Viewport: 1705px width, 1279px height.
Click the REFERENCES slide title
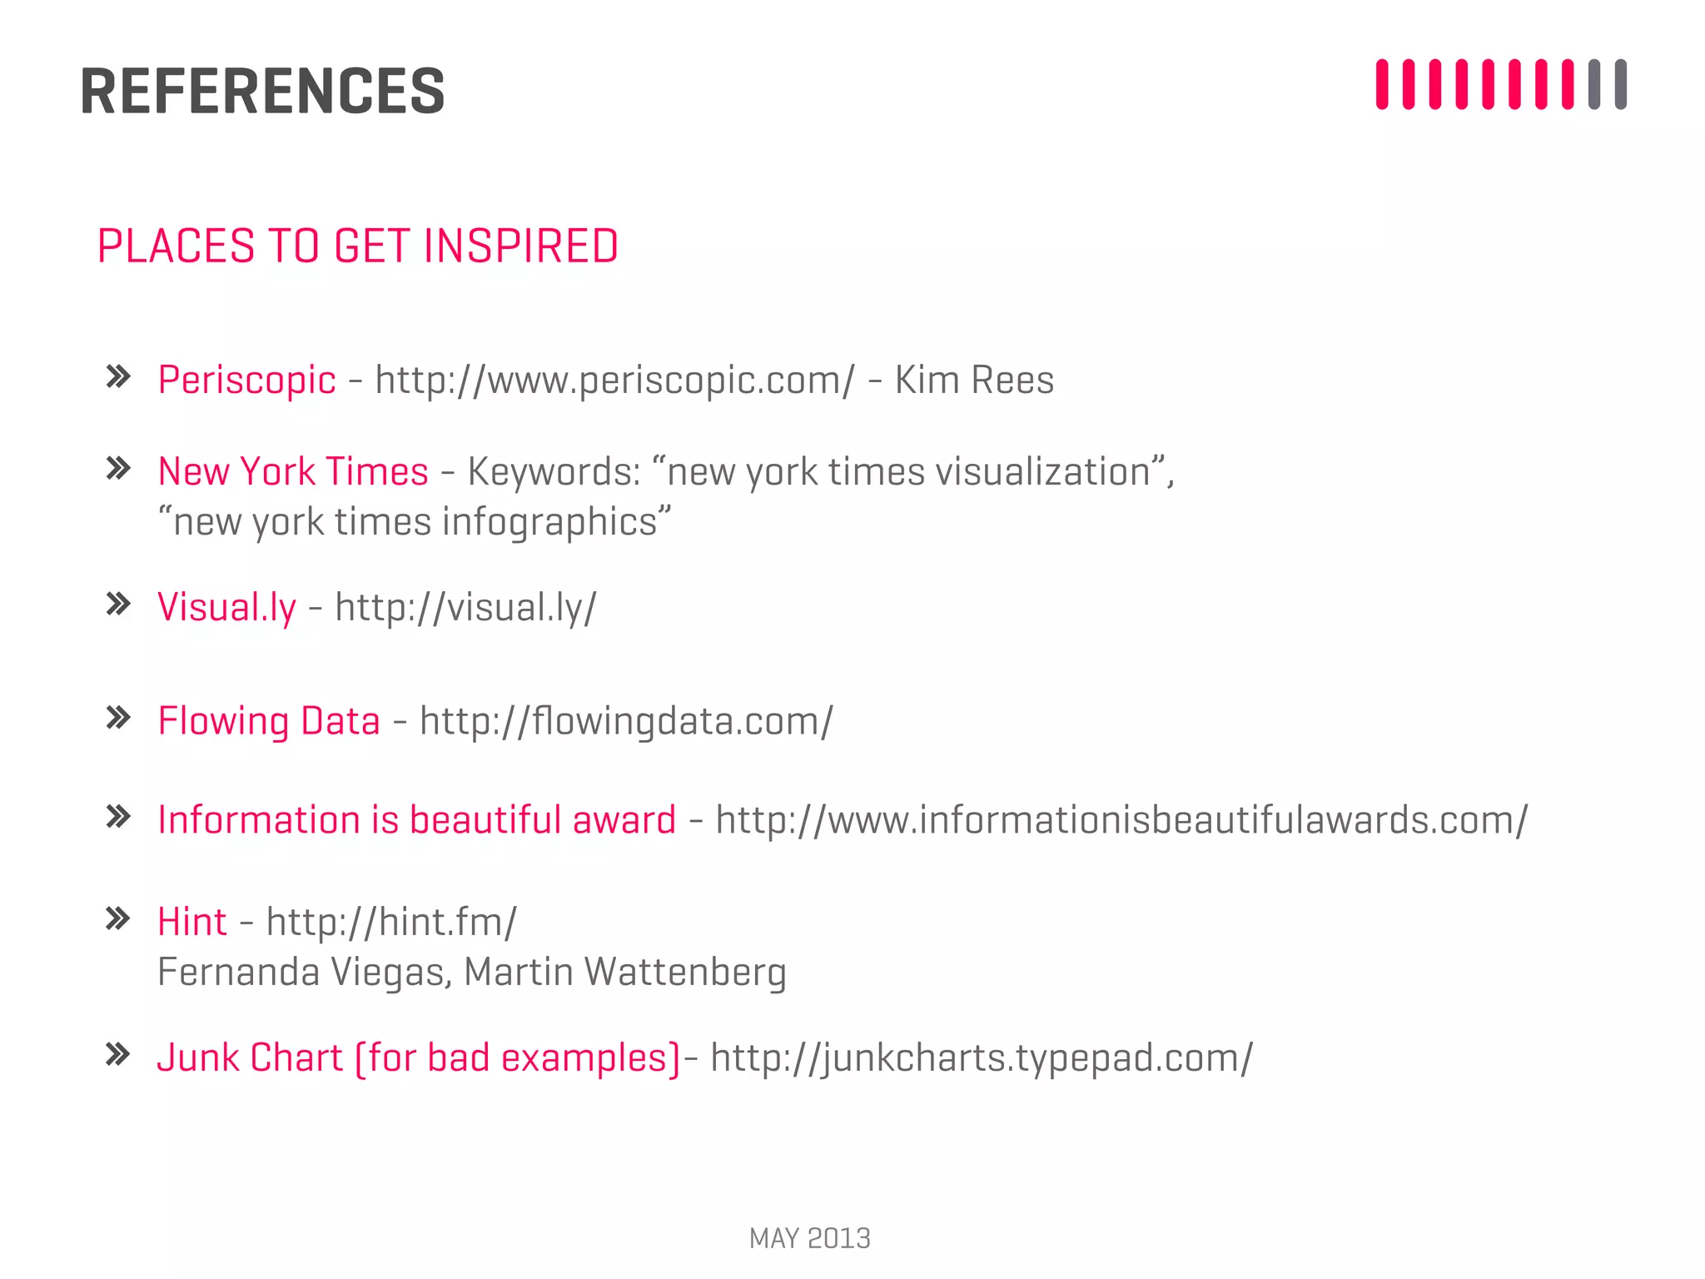[x=262, y=91]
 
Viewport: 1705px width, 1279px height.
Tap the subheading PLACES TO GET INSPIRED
[x=357, y=246]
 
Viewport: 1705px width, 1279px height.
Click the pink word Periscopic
[x=246, y=381]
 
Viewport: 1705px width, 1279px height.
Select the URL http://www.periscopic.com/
[x=614, y=381]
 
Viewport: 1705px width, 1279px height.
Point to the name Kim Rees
[x=974, y=381]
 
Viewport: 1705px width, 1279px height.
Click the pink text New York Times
[x=293, y=472]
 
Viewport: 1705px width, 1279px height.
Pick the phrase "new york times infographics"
[x=415, y=522]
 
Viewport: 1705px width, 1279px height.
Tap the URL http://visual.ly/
[x=465, y=607]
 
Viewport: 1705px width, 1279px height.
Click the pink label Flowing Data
[x=268, y=721]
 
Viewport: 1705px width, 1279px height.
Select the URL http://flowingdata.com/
[x=626, y=721]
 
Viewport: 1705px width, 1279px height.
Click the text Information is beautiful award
[x=416, y=820]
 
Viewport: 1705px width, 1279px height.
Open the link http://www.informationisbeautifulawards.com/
[x=1121, y=820]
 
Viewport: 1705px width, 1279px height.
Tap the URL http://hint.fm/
[x=391, y=923]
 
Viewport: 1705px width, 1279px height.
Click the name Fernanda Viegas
[x=305, y=973]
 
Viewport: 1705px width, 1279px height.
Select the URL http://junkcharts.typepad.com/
[x=982, y=1058]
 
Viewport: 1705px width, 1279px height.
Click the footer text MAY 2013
[x=809, y=1238]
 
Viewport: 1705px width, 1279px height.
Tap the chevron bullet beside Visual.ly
[x=118, y=605]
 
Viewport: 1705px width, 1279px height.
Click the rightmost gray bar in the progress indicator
[x=1620, y=84]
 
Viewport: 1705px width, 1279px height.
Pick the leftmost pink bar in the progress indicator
[x=1382, y=84]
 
